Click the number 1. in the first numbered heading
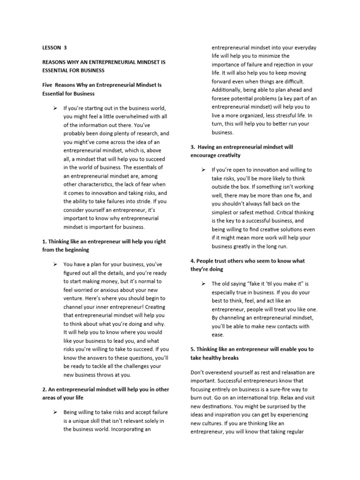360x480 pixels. [45, 241]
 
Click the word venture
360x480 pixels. [74, 298]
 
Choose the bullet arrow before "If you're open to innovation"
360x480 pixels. [203, 170]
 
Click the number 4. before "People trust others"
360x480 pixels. [193, 261]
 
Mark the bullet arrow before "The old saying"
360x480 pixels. [203, 284]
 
